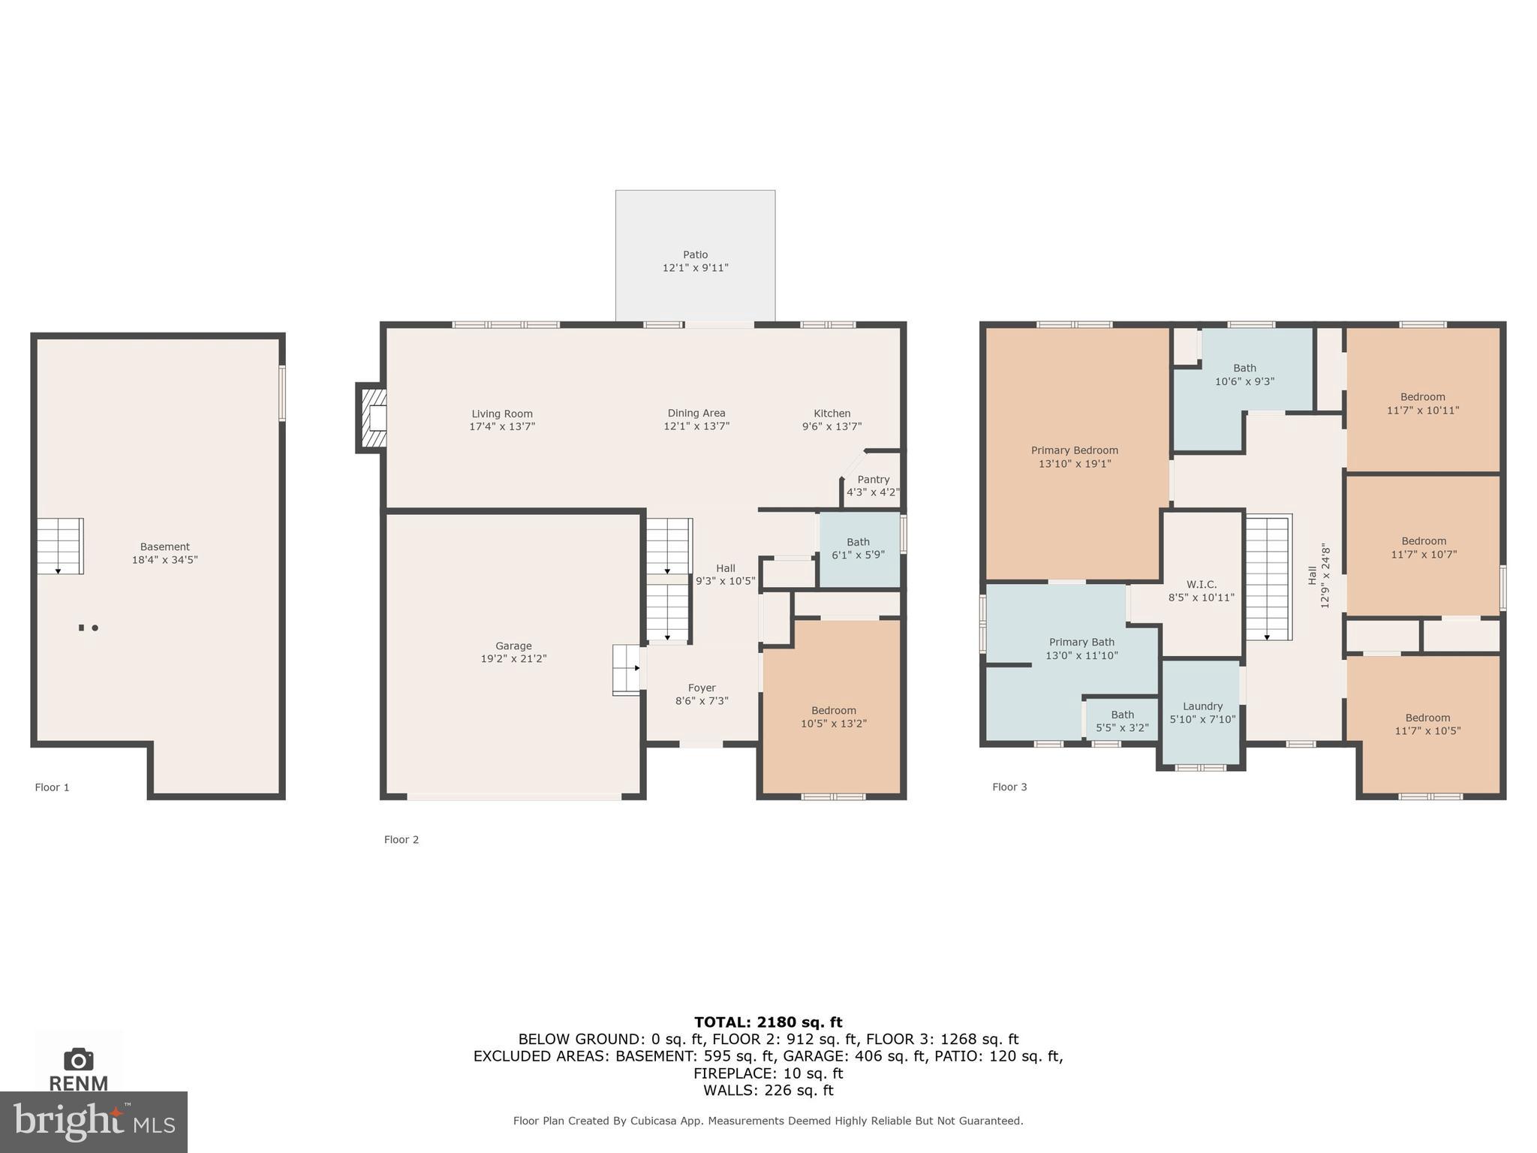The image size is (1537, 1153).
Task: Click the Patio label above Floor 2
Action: (695, 255)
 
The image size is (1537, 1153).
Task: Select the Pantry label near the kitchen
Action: (873, 480)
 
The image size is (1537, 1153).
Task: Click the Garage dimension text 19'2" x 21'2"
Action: (513, 659)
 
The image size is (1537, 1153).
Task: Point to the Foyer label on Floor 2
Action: (702, 688)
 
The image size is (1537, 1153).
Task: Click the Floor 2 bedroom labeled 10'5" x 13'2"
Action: (833, 717)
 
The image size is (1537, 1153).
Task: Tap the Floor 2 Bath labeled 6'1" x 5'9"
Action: (858, 549)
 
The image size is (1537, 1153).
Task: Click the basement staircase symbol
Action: (60, 546)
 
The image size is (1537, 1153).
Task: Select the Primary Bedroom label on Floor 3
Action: (1074, 450)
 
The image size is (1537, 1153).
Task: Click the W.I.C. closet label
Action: (1201, 585)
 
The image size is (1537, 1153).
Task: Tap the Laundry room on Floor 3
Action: (1202, 712)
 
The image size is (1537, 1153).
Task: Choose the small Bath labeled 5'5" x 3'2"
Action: (1122, 721)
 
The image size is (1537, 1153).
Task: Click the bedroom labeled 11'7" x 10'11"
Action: (1422, 404)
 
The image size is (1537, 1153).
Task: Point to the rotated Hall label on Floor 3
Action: (1313, 576)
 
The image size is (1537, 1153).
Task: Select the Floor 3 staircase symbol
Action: (1268, 576)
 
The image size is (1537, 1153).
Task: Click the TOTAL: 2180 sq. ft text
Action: (768, 1022)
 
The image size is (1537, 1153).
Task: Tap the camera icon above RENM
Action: (79, 1059)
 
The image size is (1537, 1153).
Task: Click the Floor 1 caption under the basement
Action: (52, 787)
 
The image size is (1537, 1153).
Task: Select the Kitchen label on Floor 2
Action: (832, 414)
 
